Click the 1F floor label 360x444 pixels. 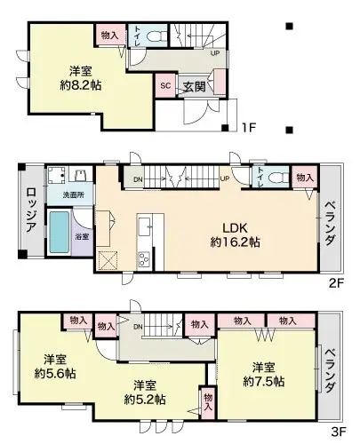(x=249, y=128)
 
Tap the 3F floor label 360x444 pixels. (x=338, y=433)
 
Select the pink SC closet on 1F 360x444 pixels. (x=165, y=86)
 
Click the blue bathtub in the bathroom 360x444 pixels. (x=59, y=232)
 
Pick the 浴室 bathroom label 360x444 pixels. (x=81, y=238)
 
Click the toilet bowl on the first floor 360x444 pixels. (x=156, y=36)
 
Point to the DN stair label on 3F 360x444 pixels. (x=139, y=328)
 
